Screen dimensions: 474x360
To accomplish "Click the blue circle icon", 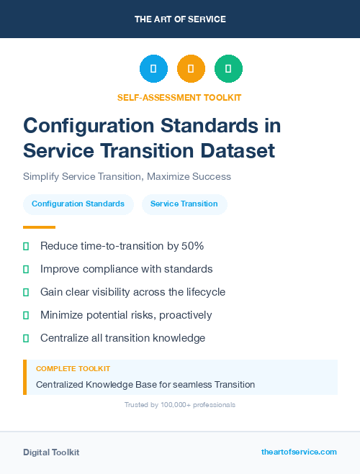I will [x=153, y=69].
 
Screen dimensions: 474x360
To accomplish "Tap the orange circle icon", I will [x=191, y=69].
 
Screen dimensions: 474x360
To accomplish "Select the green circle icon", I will [x=228, y=69].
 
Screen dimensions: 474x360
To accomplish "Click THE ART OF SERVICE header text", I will [x=180, y=19].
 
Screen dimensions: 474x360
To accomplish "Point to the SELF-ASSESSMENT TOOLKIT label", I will [x=179, y=97].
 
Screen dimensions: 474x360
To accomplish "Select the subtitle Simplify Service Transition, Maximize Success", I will [x=127, y=176].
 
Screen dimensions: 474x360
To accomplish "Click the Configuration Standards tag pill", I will [x=78, y=204].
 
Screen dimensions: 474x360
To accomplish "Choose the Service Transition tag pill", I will [x=184, y=204].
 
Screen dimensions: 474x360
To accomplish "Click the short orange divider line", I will [x=39, y=227].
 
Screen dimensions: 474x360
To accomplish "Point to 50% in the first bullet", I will [x=192, y=246].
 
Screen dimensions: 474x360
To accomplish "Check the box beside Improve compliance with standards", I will [x=26, y=269].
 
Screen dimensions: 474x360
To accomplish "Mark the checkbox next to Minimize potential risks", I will [x=26, y=315].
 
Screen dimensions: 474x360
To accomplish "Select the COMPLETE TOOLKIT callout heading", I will [x=73, y=368].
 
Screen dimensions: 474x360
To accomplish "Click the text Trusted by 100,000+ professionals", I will [x=180, y=405].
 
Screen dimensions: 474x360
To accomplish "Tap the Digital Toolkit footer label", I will [x=51, y=452].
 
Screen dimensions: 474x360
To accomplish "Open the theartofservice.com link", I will [x=299, y=452].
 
